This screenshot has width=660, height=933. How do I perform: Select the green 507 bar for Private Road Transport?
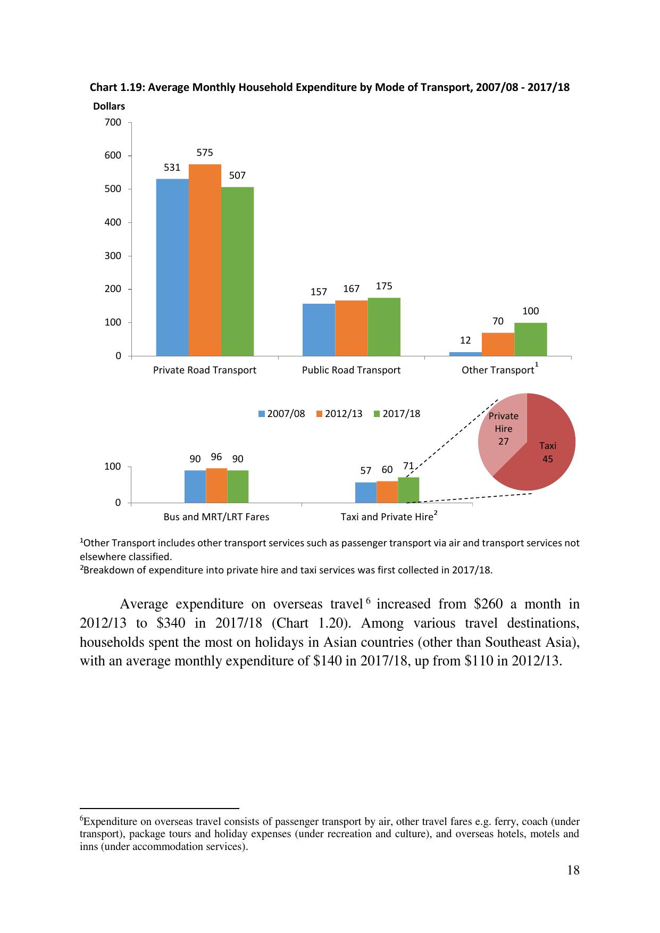coord(237,271)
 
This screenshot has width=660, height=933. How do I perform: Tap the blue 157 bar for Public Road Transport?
coord(319,330)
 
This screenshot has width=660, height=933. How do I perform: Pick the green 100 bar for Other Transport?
coord(530,339)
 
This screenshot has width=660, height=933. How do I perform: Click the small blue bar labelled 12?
coord(465,354)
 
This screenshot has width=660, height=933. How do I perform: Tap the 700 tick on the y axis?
coord(113,122)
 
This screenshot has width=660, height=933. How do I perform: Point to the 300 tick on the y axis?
coord(113,256)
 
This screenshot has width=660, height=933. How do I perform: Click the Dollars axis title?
coord(109,106)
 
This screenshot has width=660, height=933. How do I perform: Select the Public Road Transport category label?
coord(351,370)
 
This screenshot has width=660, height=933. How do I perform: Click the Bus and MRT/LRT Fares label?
coord(216,517)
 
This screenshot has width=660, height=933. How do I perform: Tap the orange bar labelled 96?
coord(216,485)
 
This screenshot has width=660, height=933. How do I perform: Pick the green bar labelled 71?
coord(408,490)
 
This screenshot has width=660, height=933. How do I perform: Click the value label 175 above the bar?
coord(384,286)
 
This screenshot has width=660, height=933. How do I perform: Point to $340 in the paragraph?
coord(171,623)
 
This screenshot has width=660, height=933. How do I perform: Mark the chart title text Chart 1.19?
coord(117,87)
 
